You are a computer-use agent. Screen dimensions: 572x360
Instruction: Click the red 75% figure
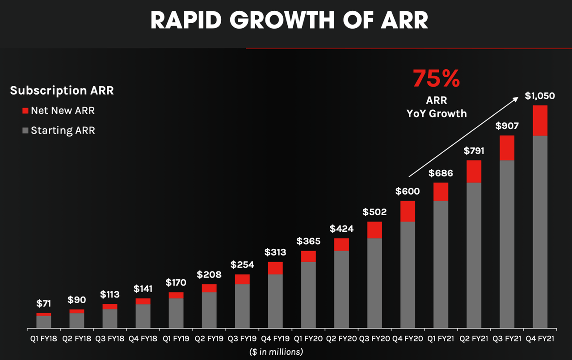[436, 78]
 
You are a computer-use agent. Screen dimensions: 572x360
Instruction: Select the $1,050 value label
[540, 96]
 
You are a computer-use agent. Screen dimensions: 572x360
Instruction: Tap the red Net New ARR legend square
[25, 111]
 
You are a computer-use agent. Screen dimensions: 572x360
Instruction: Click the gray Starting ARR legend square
[25, 130]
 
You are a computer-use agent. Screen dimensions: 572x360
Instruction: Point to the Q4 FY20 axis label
[408, 339]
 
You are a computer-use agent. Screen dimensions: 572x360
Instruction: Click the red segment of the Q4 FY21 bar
[540, 121]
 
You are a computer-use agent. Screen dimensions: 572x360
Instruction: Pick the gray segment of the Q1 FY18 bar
[44, 322]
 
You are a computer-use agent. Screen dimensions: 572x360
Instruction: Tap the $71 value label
[44, 304]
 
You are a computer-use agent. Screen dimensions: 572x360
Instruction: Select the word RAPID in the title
[185, 21]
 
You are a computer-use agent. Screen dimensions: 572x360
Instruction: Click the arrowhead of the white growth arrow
[516, 99]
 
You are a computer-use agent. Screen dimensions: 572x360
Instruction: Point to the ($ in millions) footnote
[276, 352]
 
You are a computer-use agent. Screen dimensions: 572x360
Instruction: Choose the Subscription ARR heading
[62, 90]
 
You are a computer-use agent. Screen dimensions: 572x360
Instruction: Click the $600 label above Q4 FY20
[408, 191]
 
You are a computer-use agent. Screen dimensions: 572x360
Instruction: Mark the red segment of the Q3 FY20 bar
[374, 230]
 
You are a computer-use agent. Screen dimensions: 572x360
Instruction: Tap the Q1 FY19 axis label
[176, 339]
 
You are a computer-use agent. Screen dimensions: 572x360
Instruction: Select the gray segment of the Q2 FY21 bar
[474, 255]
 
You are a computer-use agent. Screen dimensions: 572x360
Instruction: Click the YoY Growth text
[437, 113]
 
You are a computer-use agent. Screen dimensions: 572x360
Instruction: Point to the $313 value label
[275, 252]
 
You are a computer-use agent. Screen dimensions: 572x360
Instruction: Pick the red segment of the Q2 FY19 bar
[209, 288]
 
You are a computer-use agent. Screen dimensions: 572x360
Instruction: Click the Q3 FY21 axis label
[507, 339]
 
